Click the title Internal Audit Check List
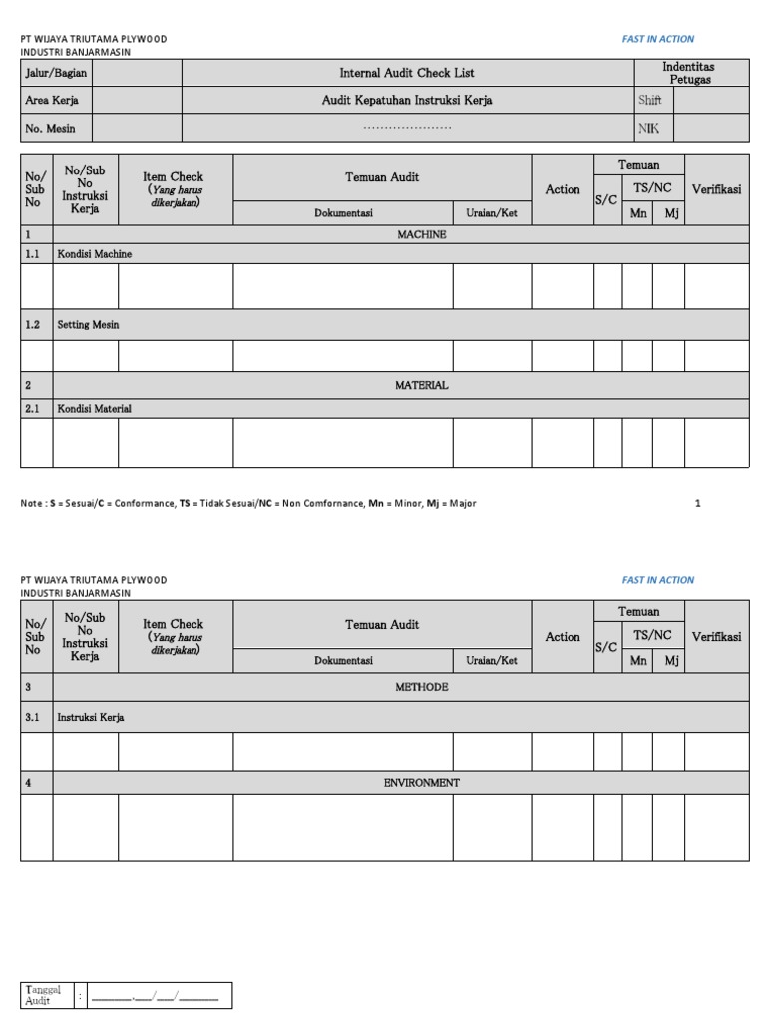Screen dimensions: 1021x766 (x=407, y=73)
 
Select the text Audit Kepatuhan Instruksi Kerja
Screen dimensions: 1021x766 (x=407, y=101)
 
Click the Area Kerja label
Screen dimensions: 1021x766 (x=52, y=101)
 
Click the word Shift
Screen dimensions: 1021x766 (x=650, y=101)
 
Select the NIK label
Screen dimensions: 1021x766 (x=648, y=128)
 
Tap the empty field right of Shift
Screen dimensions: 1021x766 (x=711, y=101)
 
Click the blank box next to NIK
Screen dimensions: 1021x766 (x=711, y=128)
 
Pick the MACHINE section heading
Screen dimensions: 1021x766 (x=422, y=235)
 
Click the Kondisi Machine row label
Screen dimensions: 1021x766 (x=95, y=255)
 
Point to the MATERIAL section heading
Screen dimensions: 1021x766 (x=422, y=385)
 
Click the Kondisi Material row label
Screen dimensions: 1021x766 (x=94, y=409)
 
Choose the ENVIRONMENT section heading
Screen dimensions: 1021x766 (x=422, y=783)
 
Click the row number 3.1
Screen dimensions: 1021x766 (x=33, y=717)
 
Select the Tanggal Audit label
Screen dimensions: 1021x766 (x=44, y=995)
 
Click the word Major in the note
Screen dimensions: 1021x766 (x=463, y=504)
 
